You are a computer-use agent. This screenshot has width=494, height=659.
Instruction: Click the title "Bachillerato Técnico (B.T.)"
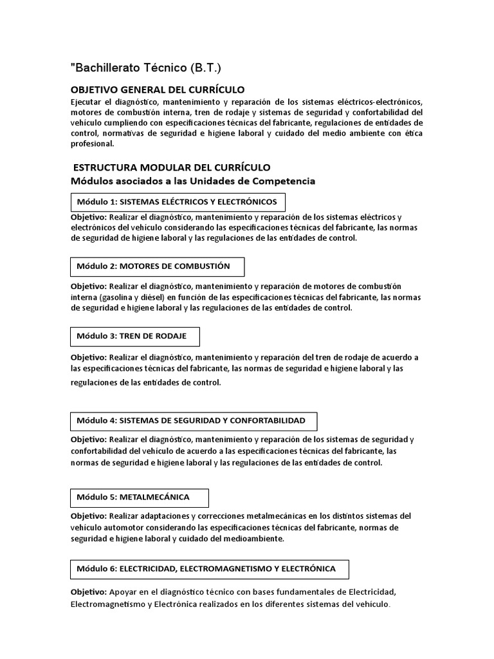(149, 68)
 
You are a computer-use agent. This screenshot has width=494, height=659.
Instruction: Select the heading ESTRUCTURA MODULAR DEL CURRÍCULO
(172, 167)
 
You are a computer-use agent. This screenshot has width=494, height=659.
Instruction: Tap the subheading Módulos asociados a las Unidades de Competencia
(193, 181)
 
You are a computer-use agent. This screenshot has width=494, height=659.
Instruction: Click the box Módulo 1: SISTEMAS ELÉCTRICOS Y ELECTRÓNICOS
(178, 201)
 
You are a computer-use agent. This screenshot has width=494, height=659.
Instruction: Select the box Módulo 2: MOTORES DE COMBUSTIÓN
(157, 266)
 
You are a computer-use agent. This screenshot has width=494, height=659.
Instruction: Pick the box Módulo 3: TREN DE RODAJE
(134, 336)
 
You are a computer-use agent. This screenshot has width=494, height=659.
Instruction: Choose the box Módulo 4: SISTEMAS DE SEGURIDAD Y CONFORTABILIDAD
(193, 421)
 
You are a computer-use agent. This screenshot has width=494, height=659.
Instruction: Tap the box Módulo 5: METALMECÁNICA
(139, 497)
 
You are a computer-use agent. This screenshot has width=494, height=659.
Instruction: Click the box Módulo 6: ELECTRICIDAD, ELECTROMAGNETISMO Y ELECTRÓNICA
(211, 569)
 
